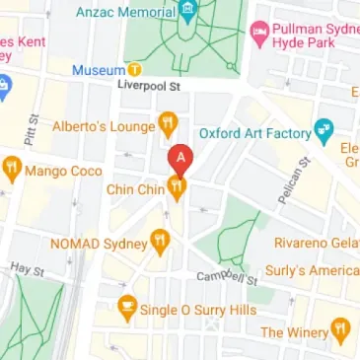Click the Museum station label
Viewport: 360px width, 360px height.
[98, 70]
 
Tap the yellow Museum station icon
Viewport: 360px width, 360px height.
[135, 70]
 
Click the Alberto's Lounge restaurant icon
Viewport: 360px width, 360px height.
[169, 125]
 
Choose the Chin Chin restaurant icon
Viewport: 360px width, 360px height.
[178, 186]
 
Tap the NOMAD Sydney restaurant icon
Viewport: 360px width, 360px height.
[160, 240]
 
